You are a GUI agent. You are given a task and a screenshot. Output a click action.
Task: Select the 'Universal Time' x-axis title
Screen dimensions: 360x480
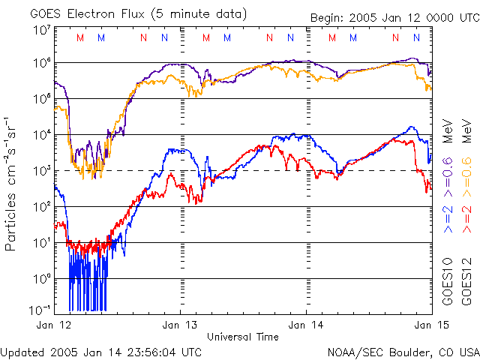tap(243, 337)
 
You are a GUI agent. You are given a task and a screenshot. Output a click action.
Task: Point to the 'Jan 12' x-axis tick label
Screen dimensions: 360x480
tap(55, 326)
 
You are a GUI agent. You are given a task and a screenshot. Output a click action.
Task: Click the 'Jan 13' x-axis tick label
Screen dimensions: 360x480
tap(181, 326)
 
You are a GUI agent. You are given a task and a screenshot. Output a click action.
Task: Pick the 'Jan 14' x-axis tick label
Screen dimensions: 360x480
tap(307, 326)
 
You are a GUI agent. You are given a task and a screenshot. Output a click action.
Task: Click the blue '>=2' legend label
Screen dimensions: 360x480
tap(448, 218)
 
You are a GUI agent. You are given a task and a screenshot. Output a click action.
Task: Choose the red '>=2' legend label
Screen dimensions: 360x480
tap(467, 218)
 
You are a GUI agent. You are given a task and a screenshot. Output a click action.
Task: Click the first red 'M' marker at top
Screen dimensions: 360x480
tap(80, 37)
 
